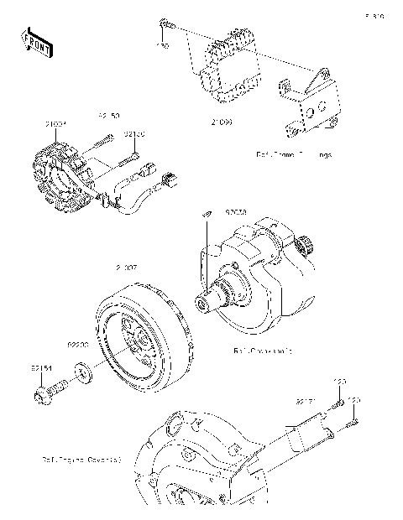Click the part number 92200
pyautogui.click(x=78, y=345)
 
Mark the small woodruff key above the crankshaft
pyautogui.click(x=202, y=216)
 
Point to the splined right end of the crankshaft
pyautogui.click(x=307, y=247)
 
